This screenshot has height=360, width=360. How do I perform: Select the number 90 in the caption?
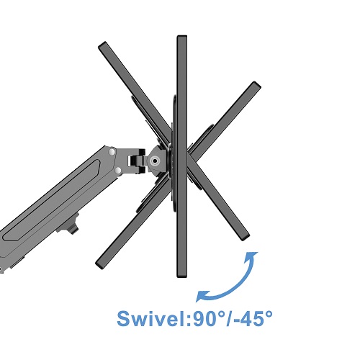point(203,319)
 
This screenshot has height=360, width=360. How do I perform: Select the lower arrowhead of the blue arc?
point(201,296)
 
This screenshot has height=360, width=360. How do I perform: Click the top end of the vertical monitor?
point(182,36)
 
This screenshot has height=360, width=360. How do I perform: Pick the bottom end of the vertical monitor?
point(182,276)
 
